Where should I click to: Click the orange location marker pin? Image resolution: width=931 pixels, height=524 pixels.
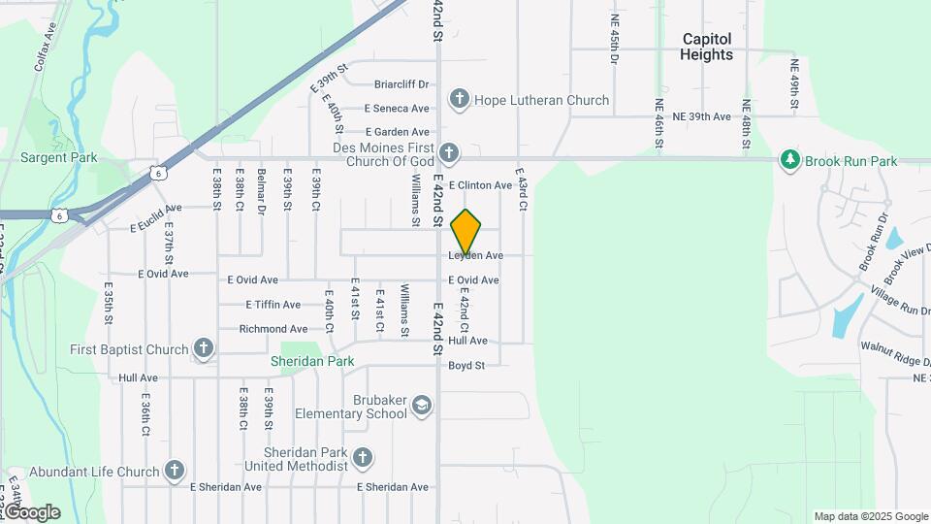point(465,231)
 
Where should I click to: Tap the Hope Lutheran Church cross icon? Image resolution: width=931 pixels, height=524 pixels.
point(459,100)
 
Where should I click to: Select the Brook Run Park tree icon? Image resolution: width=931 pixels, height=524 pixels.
point(791,160)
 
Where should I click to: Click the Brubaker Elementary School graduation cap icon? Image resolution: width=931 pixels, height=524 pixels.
point(421,405)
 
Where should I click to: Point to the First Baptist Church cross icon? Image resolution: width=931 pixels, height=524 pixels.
point(203,348)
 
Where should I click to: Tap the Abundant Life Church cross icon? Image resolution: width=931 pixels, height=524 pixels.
point(175,472)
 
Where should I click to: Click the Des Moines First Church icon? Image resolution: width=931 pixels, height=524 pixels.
point(448,152)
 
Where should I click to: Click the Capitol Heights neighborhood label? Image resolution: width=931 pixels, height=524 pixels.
point(707,47)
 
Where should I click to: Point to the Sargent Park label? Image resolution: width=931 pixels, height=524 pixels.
point(59,157)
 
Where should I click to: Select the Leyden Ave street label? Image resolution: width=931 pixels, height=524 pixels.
point(475,255)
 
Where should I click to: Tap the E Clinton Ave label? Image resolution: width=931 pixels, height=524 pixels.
point(479,185)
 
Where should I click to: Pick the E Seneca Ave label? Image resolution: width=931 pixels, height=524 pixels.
point(397,109)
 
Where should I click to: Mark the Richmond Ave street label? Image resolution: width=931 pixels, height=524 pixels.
point(273,329)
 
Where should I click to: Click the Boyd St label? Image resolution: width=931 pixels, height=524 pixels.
point(465,366)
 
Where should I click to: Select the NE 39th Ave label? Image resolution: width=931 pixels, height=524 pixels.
point(701,116)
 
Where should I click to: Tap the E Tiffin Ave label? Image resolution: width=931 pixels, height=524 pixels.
point(275,305)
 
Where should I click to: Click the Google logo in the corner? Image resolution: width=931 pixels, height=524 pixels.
point(32,512)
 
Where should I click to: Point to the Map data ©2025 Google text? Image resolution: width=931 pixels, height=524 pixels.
point(871,516)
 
